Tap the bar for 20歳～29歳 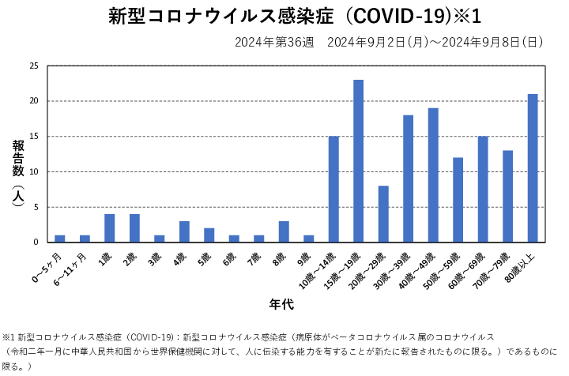point(383,214)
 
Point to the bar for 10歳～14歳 point(333,190)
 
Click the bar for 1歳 point(109,228)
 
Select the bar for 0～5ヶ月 point(60,239)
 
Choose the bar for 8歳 point(284,231)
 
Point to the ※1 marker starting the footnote point(9,337)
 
